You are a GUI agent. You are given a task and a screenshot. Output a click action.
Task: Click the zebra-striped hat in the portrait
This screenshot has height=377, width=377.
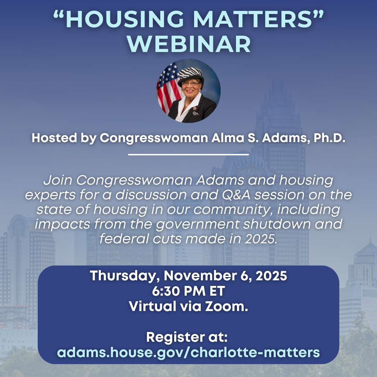190,74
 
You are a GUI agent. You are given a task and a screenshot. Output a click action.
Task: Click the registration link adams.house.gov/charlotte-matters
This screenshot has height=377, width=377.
188,352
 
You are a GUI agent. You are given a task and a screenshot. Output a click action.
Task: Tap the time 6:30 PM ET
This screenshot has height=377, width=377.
188,291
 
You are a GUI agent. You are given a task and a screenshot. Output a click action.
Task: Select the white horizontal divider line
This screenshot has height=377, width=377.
188,154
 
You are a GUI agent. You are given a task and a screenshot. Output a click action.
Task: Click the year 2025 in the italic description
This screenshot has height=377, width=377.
259,238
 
